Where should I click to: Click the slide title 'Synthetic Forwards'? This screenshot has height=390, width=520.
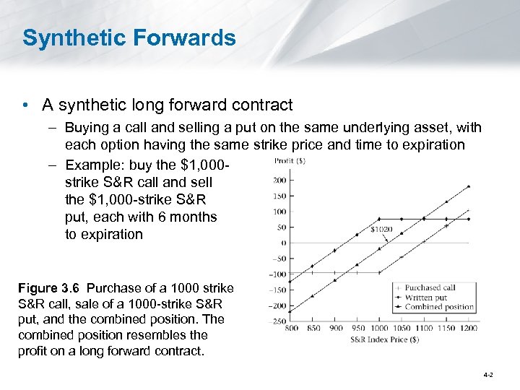pyautogui.click(x=129, y=38)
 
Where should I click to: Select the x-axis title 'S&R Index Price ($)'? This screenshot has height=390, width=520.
pyautogui.click(x=383, y=339)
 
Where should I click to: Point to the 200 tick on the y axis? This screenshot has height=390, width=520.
pyautogui.click(x=280, y=179)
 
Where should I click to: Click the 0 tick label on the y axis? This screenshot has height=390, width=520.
pyautogui.click(x=283, y=243)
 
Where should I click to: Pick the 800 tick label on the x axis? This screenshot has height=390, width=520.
pyautogui.click(x=291, y=329)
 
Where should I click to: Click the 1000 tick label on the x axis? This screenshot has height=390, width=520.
pyautogui.click(x=380, y=329)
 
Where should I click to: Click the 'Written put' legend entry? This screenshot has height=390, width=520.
pyautogui.click(x=427, y=297)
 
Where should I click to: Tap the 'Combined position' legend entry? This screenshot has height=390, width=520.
pyautogui.click(x=438, y=307)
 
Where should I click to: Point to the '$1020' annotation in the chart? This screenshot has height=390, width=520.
pyautogui.click(x=382, y=230)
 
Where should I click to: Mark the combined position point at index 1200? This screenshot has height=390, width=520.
pyautogui.click(x=470, y=186)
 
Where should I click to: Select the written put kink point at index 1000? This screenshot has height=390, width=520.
pyautogui.click(x=380, y=218)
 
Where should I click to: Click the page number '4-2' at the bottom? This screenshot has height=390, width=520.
pyautogui.click(x=488, y=375)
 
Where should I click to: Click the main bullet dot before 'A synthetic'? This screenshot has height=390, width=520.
pyautogui.click(x=25, y=105)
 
